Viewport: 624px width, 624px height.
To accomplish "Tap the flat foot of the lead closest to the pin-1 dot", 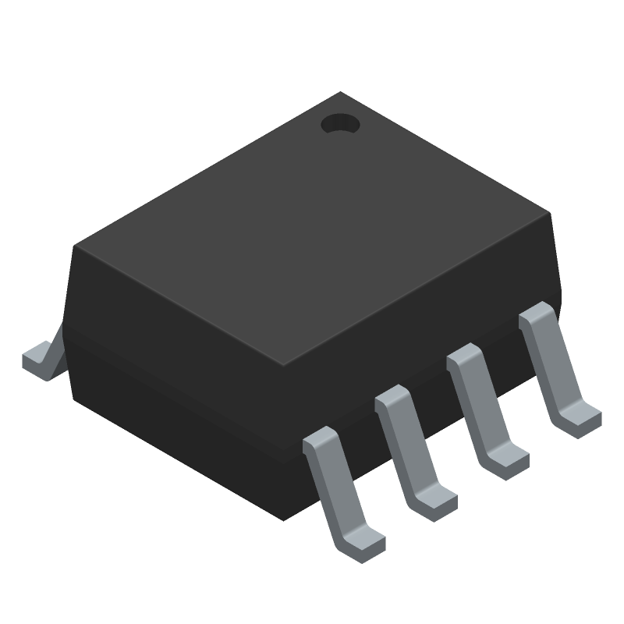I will click(582, 417).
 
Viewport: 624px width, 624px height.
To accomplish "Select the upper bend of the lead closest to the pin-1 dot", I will click(538, 315).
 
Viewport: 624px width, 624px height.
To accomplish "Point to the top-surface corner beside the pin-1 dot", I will click(340, 93).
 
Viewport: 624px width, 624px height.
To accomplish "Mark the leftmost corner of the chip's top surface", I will click(75, 247).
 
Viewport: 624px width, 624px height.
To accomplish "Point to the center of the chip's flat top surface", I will click(312, 229).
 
